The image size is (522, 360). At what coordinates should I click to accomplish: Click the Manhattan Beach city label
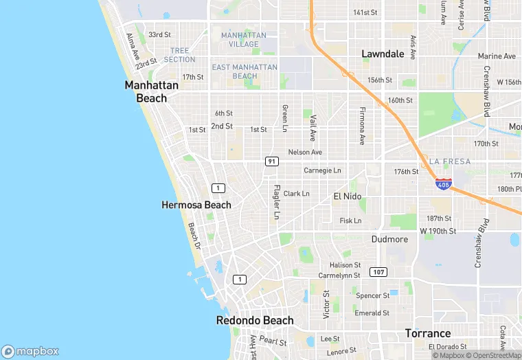pos(151,91)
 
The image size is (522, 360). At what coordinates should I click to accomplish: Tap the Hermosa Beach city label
pos(196,205)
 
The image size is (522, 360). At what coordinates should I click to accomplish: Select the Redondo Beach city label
pos(255,320)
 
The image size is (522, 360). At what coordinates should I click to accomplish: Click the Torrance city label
pos(427,333)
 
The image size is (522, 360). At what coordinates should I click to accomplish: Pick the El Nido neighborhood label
pos(347,196)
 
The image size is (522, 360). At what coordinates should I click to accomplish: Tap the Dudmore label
pos(389,239)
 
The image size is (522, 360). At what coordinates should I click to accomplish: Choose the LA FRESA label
pos(449,161)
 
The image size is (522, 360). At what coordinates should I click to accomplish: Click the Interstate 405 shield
pos(444,184)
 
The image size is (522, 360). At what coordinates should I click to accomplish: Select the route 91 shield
pos(272,161)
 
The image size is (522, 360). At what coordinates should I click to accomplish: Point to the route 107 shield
pos(378,272)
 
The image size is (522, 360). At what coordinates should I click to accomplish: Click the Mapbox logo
pos(30,351)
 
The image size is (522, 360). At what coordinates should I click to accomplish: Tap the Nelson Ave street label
pos(305,152)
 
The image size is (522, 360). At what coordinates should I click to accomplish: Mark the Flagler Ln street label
pos(277,203)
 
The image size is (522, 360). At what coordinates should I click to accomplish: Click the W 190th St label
pos(438,231)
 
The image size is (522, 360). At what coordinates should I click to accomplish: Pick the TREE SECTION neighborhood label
pos(179,55)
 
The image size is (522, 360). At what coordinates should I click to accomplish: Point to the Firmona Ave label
pos(361,126)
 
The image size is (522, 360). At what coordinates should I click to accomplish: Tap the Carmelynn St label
pos(339,275)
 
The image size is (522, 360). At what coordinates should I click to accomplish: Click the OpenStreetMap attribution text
pos(494,355)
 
